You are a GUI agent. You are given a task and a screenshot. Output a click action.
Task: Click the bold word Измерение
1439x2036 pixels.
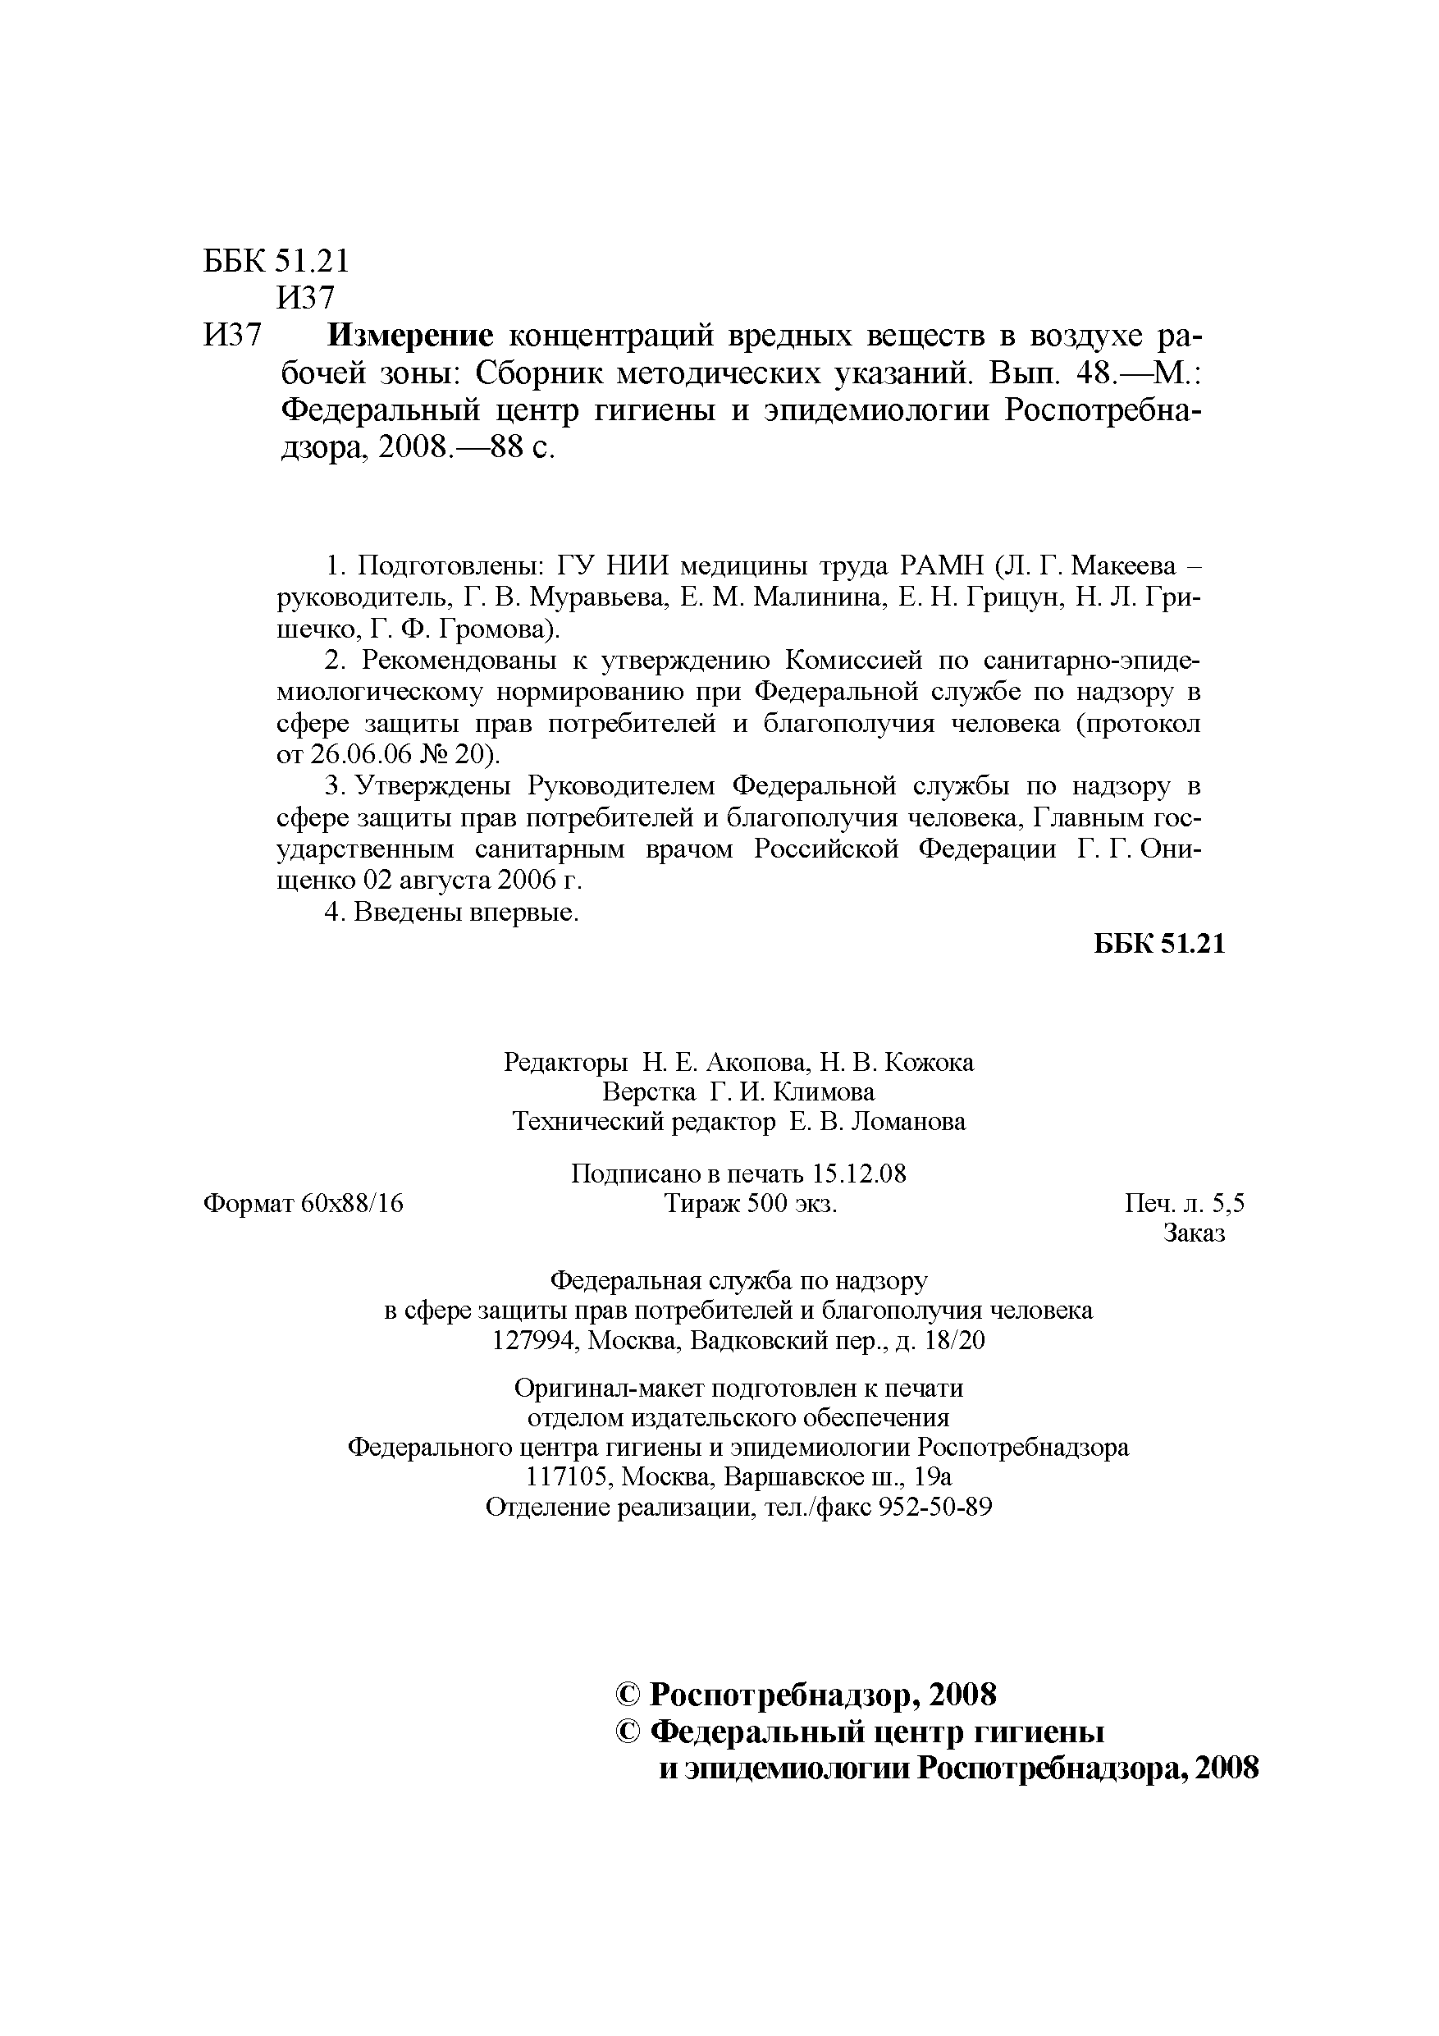click(x=409, y=336)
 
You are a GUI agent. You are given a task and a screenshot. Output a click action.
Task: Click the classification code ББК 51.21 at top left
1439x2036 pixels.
click(x=276, y=261)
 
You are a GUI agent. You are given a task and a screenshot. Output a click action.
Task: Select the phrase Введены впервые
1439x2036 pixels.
click(x=465, y=912)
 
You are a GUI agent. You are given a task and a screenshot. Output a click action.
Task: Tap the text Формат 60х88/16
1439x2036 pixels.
click(x=304, y=1204)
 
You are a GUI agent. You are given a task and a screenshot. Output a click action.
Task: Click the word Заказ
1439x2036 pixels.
click(x=1194, y=1233)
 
